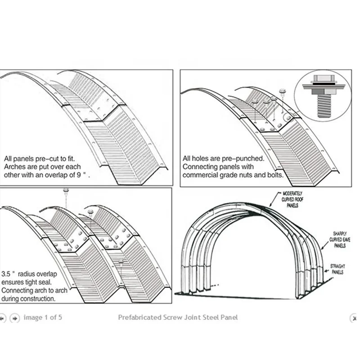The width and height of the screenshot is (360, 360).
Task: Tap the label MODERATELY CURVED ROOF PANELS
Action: pyautogui.click(x=295, y=198)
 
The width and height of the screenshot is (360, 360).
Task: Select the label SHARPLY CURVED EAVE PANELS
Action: pyautogui.click(x=340, y=240)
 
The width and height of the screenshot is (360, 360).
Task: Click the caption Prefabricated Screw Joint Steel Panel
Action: pyautogui.click(x=178, y=318)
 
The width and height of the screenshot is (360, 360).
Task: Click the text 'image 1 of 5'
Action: pyautogui.click(x=43, y=318)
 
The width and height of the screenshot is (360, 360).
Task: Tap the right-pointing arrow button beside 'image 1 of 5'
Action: pyautogui.click(x=14, y=318)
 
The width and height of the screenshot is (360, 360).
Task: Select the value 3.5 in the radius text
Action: pyautogui.click(x=6, y=274)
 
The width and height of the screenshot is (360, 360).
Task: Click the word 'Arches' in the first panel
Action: pyautogui.click(x=15, y=167)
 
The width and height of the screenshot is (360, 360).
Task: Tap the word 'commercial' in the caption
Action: pyautogui.click(x=200, y=175)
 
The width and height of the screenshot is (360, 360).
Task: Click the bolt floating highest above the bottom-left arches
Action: pyautogui.click(x=66, y=190)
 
